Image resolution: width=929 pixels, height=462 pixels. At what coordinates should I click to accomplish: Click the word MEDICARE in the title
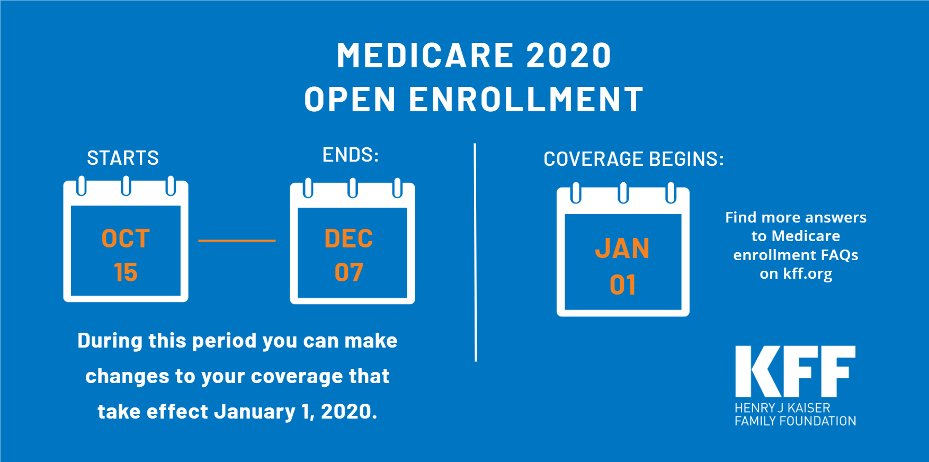tap(425, 56)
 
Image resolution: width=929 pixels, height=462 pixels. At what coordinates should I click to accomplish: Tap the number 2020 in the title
tap(569, 56)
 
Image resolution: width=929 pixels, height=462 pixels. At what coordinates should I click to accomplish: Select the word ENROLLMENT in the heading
tap(526, 100)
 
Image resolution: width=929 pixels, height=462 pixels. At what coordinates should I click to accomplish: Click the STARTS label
tap(123, 158)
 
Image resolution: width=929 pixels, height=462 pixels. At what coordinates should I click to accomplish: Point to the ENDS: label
tap(351, 155)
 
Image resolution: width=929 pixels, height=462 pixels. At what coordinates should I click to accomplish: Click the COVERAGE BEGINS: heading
tap(633, 159)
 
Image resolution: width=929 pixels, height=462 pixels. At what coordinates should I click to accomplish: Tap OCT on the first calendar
tap(126, 239)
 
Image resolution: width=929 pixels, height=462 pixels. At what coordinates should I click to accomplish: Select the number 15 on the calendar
tap(126, 273)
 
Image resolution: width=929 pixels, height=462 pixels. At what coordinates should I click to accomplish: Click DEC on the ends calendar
tap(349, 239)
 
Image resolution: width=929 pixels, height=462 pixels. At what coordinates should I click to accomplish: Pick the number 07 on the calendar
tap(349, 273)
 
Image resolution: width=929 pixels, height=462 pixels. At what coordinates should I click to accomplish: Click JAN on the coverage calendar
tap(623, 248)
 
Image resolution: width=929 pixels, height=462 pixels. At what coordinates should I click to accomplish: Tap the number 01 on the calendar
tap(623, 285)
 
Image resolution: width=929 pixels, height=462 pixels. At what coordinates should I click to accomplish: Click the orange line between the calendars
tap(237, 241)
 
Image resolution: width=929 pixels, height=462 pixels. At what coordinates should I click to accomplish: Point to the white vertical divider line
tap(476, 252)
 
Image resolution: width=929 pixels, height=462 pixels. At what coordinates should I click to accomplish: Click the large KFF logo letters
tap(795, 371)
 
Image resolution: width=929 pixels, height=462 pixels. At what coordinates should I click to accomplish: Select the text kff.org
tap(808, 274)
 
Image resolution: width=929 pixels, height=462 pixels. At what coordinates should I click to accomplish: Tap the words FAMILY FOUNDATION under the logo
tap(796, 421)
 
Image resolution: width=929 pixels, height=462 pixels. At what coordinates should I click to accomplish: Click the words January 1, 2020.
tap(296, 412)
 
